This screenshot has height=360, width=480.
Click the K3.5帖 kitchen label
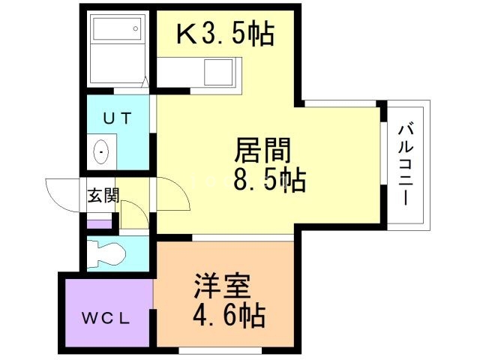click(224, 34)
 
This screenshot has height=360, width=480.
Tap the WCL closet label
click(106, 317)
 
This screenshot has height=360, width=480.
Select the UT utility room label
click(117, 118)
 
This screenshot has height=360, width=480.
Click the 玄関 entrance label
click(103, 196)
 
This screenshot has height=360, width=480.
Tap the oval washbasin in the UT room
click(102, 152)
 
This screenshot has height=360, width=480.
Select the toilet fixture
click(105, 253)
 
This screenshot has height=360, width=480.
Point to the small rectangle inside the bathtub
click(135, 30)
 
